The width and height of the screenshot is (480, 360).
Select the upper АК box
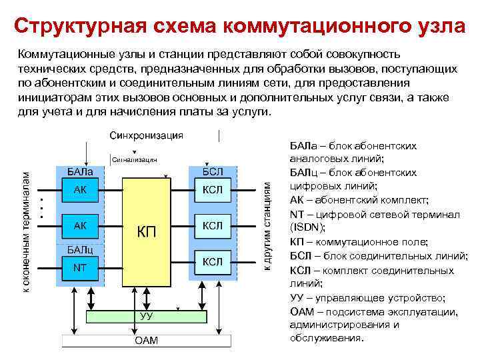tap(81, 191)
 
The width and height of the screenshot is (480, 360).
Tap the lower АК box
tap(81, 226)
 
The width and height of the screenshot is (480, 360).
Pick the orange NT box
tap(81, 268)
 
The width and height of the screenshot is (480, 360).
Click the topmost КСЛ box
tap(212, 191)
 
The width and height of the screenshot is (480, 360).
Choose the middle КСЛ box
tap(212, 226)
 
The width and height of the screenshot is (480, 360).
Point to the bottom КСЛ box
tap(212, 261)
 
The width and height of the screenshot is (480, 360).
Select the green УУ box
tap(147, 316)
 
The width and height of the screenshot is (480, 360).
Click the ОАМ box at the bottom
tap(147, 341)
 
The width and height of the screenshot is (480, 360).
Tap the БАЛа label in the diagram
tap(79, 171)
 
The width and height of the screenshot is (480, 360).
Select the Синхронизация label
tap(146, 135)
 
